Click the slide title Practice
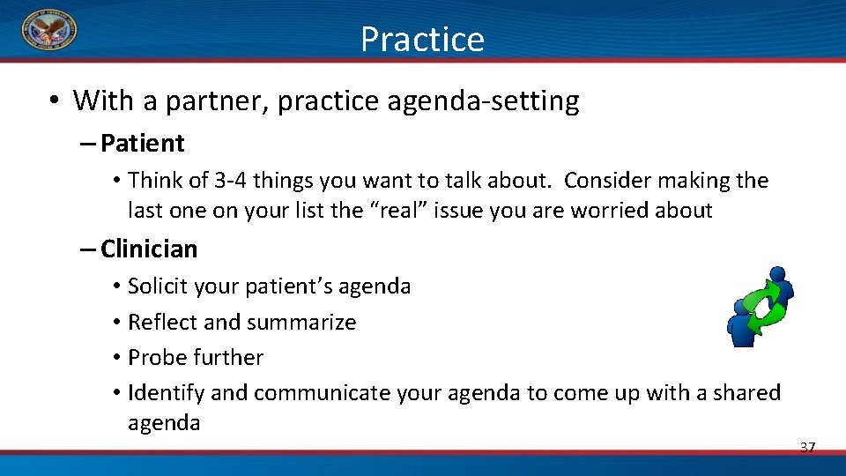422,40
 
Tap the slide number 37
807,448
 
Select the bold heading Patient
143,143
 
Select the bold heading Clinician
149,249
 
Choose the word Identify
166,393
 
